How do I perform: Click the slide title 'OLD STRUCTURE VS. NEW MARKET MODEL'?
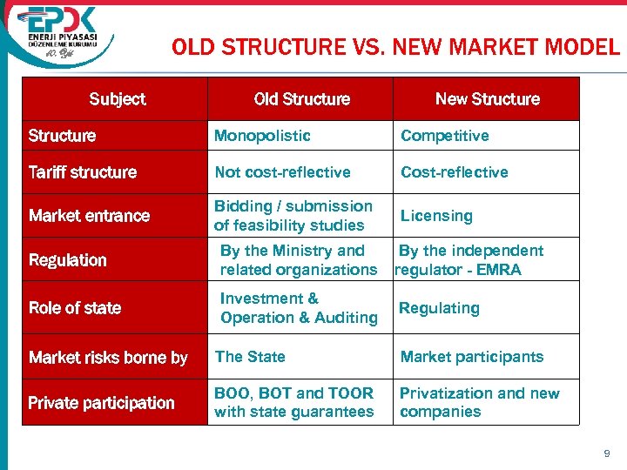395,47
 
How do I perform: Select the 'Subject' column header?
118,99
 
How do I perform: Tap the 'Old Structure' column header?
301,99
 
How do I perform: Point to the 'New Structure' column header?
487,99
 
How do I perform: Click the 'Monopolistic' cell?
262,136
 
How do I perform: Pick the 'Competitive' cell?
444,136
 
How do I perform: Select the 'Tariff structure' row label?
83,172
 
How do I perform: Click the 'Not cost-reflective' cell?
282,172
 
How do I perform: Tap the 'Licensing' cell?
436,216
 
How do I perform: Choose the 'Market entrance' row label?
89,216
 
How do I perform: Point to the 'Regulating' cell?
439,308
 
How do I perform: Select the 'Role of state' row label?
75,308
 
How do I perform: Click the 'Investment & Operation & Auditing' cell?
299,308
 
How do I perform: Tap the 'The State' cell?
250,357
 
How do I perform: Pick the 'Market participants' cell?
471,357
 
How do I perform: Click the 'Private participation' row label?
101,403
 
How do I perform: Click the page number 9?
607,453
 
